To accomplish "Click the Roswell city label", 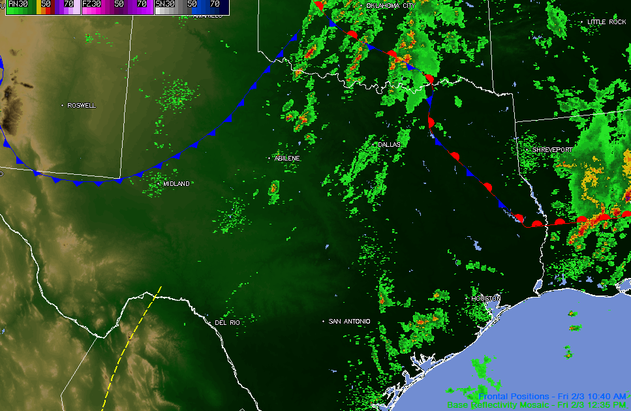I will click(x=82, y=105).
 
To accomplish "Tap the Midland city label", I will click(x=176, y=184).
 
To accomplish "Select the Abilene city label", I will click(x=287, y=158).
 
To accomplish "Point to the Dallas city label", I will click(x=390, y=144).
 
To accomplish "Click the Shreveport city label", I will click(x=553, y=149).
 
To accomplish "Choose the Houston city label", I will click(x=486, y=298).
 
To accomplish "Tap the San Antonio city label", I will click(x=349, y=321).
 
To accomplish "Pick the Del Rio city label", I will click(x=227, y=323).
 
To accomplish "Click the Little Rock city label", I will click(x=607, y=22).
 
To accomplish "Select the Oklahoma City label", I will click(x=391, y=5).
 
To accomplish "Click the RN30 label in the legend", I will click(x=18, y=4).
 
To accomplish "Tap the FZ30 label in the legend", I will click(x=91, y=4).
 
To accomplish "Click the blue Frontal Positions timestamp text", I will click(x=552, y=396).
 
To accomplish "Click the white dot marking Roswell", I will click(x=63, y=105).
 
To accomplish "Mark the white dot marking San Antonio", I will click(x=324, y=321).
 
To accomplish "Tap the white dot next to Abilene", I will click(x=269, y=158).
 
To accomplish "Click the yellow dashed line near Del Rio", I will click(x=131, y=346).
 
